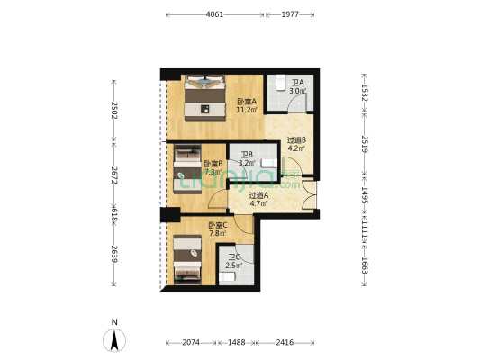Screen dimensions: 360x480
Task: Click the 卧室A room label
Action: pyautogui.click(x=247, y=102)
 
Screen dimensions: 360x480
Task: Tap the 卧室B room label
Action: pyautogui.click(x=213, y=164)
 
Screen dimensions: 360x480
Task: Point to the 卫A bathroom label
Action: pyautogui.click(x=297, y=84)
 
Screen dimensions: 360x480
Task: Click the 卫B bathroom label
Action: pyautogui.click(x=247, y=156)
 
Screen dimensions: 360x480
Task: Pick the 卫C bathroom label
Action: pyautogui.click(x=233, y=258)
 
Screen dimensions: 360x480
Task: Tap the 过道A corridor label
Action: pyautogui.click(x=259, y=196)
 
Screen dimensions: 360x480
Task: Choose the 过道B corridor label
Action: pyautogui.click(x=297, y=140)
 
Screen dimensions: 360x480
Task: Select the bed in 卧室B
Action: pyautogui.click(x=187, y=169)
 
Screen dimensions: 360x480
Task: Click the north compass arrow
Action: pyautogui.click(x=114, y=339)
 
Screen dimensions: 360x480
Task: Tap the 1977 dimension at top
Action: pyautogui.click(x=290, y=14)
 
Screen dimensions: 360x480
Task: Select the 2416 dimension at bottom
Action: pyautogui.click(x=284, y=343)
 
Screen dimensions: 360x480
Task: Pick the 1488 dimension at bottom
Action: pyautogui.click(x=236, y=343)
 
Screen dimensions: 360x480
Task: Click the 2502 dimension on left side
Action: pyautogui.click(x=113, y=109)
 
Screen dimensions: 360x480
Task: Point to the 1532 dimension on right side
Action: pyautogui.click(x=363, y=92)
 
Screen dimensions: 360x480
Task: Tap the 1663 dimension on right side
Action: pyautogui.click(x=363, y=265)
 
